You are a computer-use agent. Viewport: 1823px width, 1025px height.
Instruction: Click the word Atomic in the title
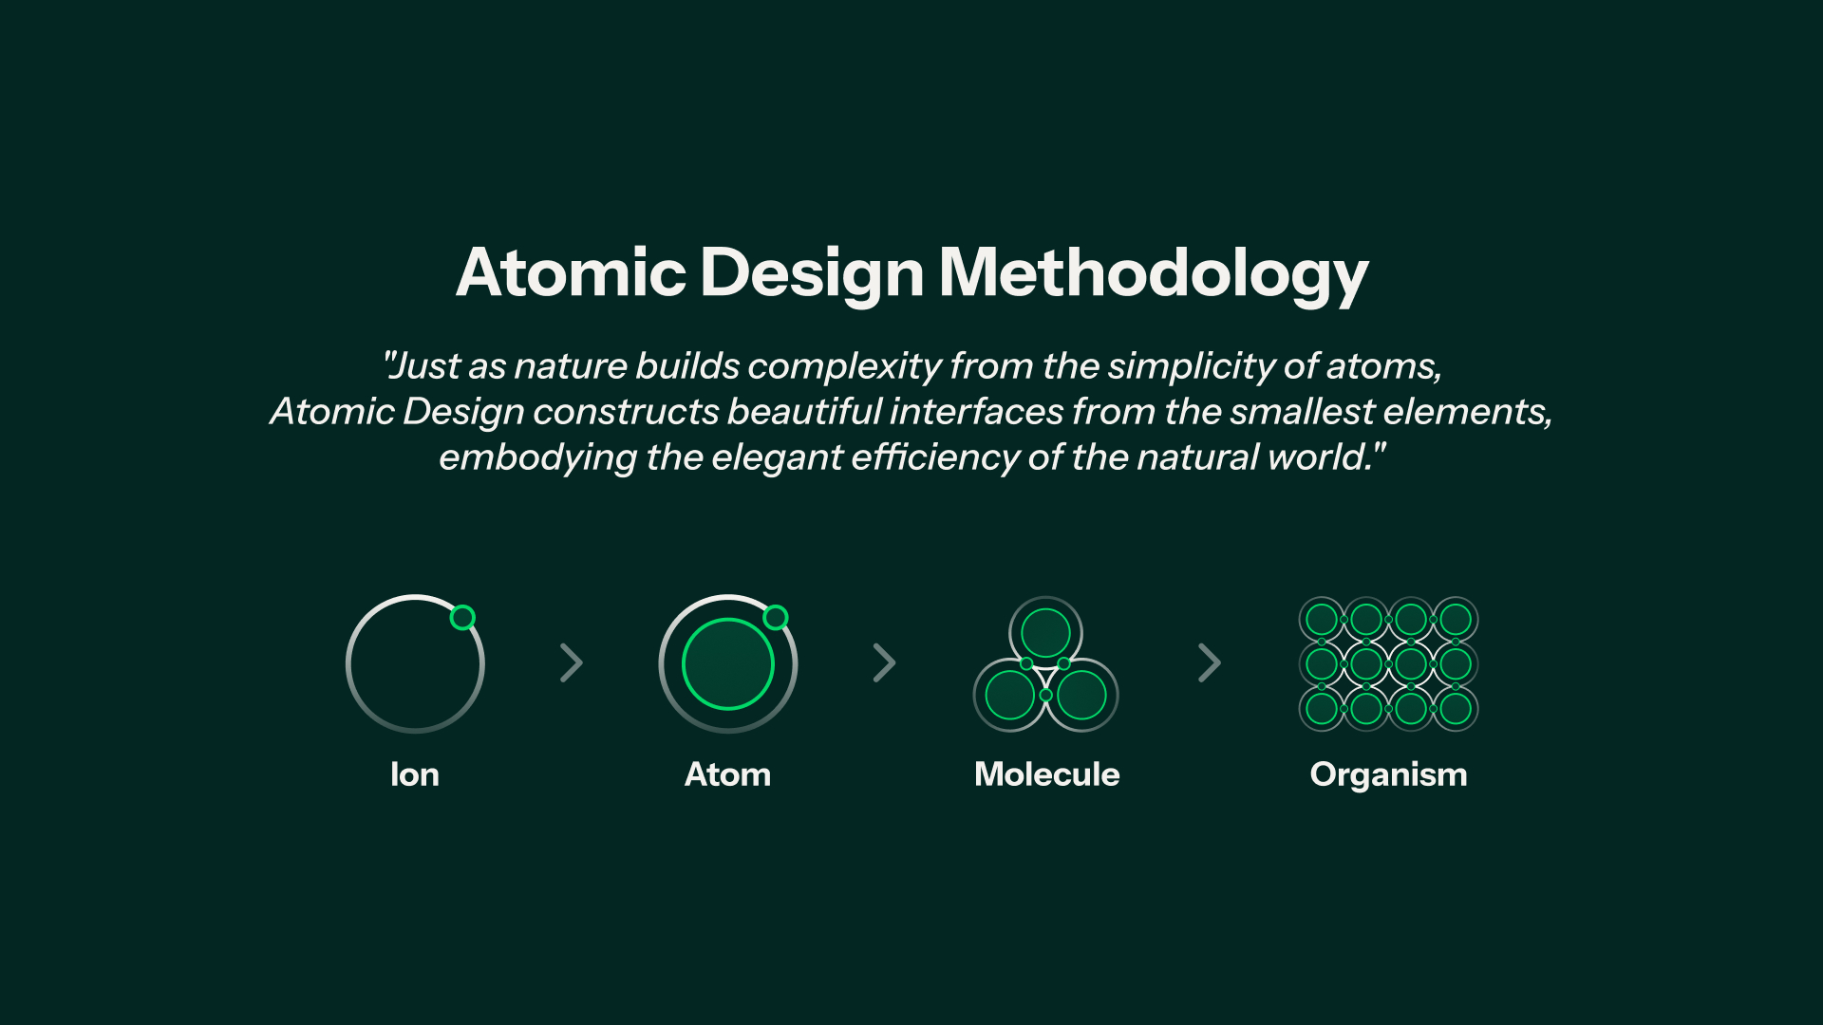point(571,272)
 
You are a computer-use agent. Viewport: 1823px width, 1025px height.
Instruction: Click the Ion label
point(415,774)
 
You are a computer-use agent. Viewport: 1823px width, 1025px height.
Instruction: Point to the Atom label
point(728,774)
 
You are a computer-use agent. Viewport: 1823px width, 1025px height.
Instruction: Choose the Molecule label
point(1047,774)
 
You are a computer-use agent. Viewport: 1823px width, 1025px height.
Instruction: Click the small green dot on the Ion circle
point(462,618)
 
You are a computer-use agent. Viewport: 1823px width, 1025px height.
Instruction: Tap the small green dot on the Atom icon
point(776,618)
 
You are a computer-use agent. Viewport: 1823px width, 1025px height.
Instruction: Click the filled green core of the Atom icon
point(728,664)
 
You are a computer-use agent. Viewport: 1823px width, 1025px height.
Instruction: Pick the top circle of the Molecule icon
point(1045,633)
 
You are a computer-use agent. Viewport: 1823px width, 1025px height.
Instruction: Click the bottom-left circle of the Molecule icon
point(1010,695)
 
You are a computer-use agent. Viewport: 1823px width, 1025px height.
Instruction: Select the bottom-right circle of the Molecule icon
point(1081,695)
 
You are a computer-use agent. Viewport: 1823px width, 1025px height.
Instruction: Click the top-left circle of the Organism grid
point(1322,620)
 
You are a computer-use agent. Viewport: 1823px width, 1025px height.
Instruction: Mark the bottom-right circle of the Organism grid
point(1456,708)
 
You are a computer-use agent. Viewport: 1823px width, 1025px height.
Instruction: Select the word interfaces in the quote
point(976,412)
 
